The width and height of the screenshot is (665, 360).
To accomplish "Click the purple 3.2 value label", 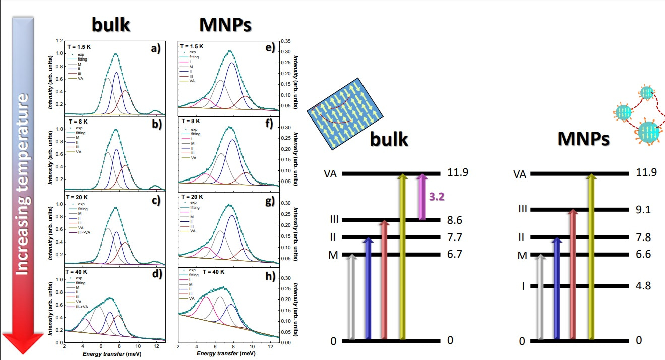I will coord(437,197).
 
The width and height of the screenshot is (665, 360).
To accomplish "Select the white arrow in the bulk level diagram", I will coord(352,297).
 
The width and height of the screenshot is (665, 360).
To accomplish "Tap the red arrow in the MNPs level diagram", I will coord(572,275).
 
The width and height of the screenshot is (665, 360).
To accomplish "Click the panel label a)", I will coord(156,49).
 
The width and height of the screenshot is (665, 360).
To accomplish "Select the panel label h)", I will coord(270,276).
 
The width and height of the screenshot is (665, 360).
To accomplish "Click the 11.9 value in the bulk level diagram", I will coord(458,172).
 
